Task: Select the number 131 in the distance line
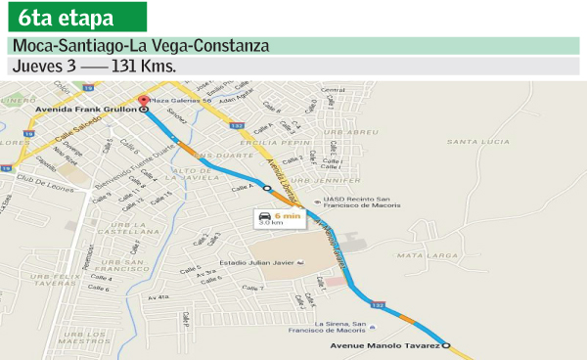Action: tap(125, 67)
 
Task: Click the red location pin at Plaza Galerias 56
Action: tap(143, 101)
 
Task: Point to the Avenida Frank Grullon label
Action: tap(94, 111)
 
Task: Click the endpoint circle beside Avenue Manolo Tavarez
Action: tap(447, 345)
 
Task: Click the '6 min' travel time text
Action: tap(287, 214)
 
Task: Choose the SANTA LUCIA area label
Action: tap(478, 142)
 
